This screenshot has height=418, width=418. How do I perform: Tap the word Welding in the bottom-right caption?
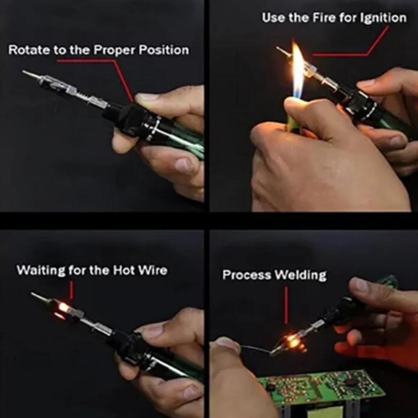point(300,275)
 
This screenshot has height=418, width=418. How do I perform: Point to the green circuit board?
point(322,387)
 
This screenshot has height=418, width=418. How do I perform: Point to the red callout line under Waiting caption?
point(71,289)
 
